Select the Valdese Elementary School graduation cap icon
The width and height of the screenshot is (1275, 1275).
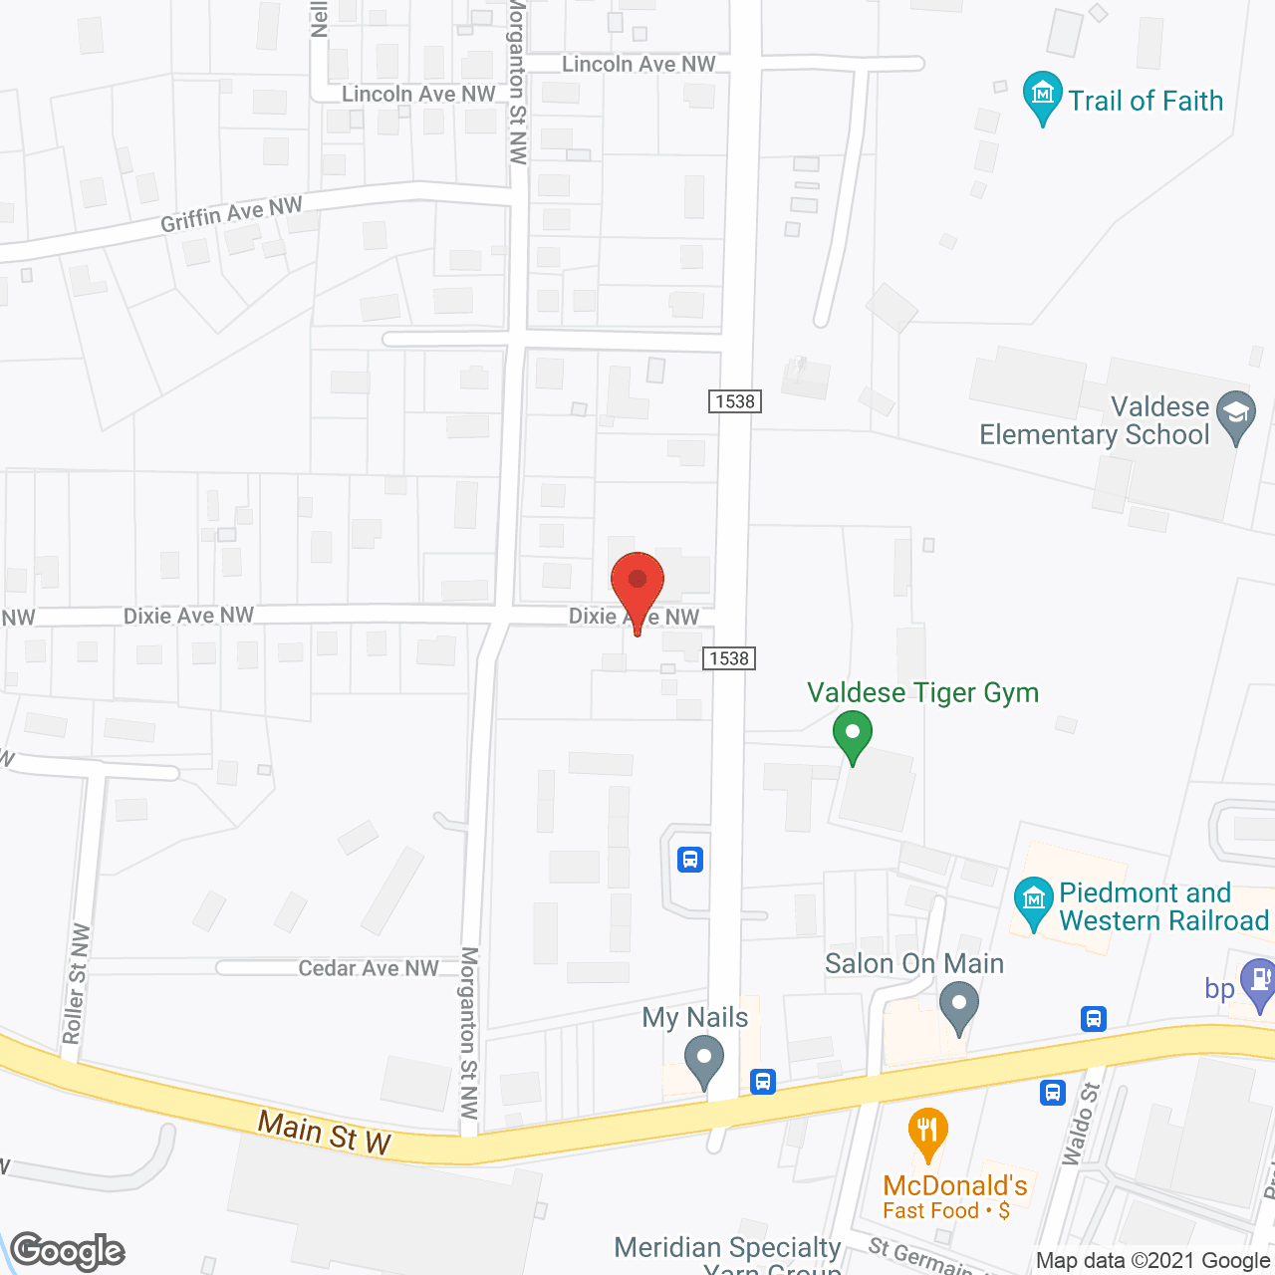point(1237,413)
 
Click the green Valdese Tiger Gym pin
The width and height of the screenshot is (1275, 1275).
point(853,735)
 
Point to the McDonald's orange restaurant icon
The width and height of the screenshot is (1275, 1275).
point(927,1132)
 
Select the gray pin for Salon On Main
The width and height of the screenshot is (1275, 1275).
point(959,1006)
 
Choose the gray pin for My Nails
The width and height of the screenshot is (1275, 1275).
point(705,1060)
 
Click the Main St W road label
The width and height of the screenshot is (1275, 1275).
point(325,1133)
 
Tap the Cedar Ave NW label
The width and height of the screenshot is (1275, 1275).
point(369,968)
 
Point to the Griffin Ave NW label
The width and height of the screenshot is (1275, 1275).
point(231,213)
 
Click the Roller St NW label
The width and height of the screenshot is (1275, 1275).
point(76,984)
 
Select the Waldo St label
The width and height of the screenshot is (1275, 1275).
point(1081,1123)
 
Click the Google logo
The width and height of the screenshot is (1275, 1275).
point(68,1251)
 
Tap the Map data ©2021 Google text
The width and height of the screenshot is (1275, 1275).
point(1153,1261)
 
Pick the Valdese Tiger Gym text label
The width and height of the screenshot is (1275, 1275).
point(922,692)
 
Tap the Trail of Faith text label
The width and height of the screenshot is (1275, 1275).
point(1146,101)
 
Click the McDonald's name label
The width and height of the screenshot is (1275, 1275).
point(954,1185)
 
